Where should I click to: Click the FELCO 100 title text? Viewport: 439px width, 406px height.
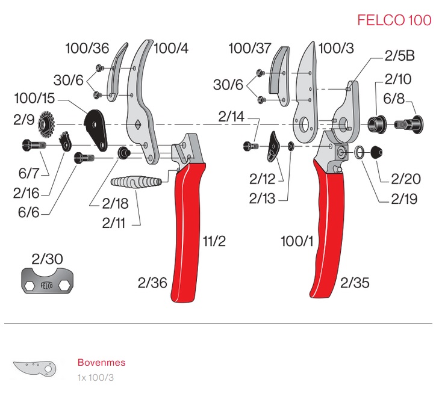click(394, 20)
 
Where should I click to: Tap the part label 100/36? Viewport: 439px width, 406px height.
click(87, 49)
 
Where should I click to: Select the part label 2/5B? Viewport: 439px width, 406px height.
click(399, 57)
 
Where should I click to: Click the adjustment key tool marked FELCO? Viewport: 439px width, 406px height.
click(45, 283)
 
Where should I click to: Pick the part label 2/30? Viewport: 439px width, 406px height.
click(46, 259)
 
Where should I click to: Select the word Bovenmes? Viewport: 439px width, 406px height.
click(101, 363)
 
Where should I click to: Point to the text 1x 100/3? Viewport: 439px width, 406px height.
click(95, 377)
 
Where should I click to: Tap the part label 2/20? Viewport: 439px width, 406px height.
click(406, 179)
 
